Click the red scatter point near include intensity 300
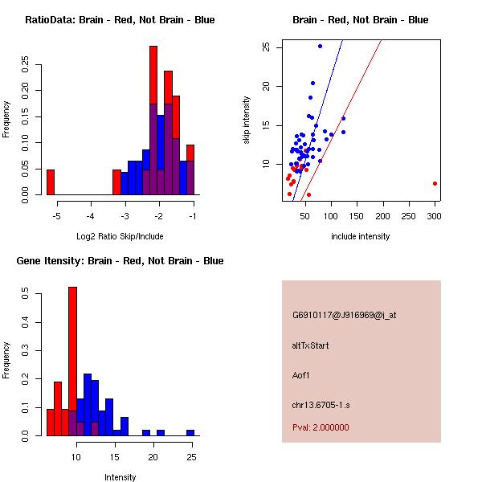click(x=435, y=183)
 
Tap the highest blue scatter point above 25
click(x=320, y=46)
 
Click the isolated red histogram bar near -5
click(x=51, y=182)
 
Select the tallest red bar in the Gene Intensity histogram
click(x=72, y=361)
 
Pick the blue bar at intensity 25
click(x=190, y=432)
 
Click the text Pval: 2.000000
click(x=321, y=427)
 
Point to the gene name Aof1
click(x=301, y=374)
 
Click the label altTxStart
click(x=311, y=345)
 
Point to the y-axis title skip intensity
click(x=247, y=120)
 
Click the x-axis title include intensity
click(x=360, y=236)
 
